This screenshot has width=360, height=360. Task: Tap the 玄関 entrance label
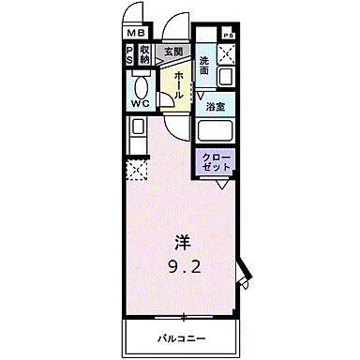click(x=173, y=52)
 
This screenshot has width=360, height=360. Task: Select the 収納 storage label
click(x=145, y=54)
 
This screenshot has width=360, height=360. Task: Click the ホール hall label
click(x=175, y=82)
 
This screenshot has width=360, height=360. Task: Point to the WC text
click(x=141, y=103)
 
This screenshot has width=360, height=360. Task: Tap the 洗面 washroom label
click(x=205, y=67)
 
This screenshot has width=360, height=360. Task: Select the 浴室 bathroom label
click(x=215, y=105)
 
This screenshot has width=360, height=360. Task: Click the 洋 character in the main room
click(x=181, y=240)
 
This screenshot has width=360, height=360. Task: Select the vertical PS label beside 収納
click(x=130, y=54)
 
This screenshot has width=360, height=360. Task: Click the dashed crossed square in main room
click(x=136, y=170)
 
